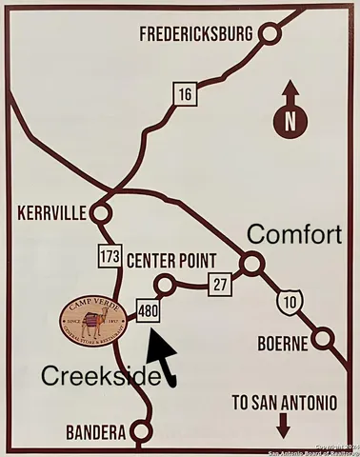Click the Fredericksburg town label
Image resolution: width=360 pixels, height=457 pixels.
pos(196,34)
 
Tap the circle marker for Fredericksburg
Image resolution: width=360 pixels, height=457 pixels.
pos(270,34)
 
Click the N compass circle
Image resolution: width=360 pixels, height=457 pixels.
pos(290,122)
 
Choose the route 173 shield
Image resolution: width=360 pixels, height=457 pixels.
pos(108,256)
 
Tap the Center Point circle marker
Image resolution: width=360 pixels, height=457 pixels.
pos(165,283)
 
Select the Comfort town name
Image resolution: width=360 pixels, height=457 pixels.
pos(293,234)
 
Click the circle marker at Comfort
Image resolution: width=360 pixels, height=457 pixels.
pos(251,264)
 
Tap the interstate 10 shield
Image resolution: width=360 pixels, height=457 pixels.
pos(286,302)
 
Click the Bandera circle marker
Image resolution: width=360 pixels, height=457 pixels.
pos(142,433)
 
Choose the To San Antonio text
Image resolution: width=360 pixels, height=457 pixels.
pos(283,403)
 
